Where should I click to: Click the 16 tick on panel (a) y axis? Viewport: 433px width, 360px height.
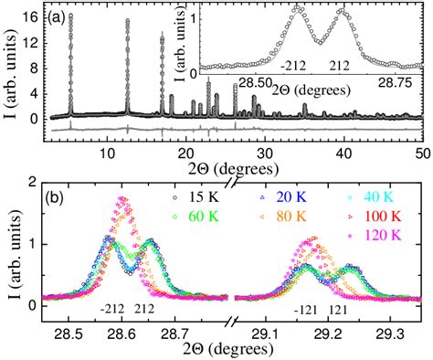33,16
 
